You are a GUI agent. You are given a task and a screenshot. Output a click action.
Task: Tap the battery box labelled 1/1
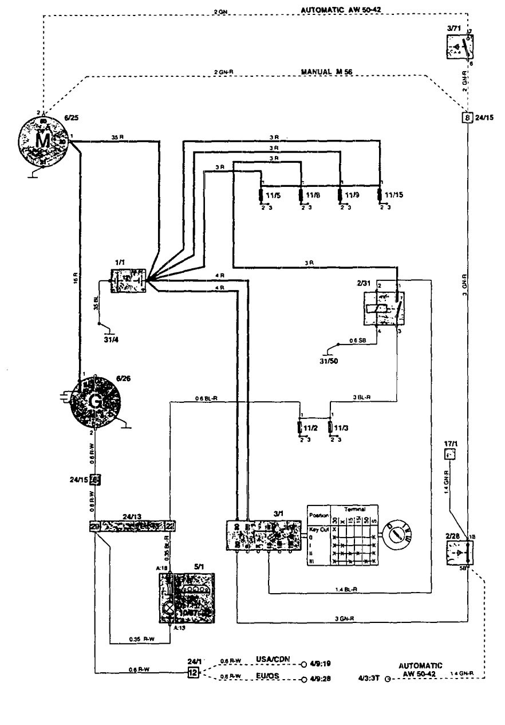tap(128, 279)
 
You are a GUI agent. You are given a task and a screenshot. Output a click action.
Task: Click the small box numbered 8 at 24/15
tap(468, 118)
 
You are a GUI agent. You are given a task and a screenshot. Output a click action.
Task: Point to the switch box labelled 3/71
tap(460, 48)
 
